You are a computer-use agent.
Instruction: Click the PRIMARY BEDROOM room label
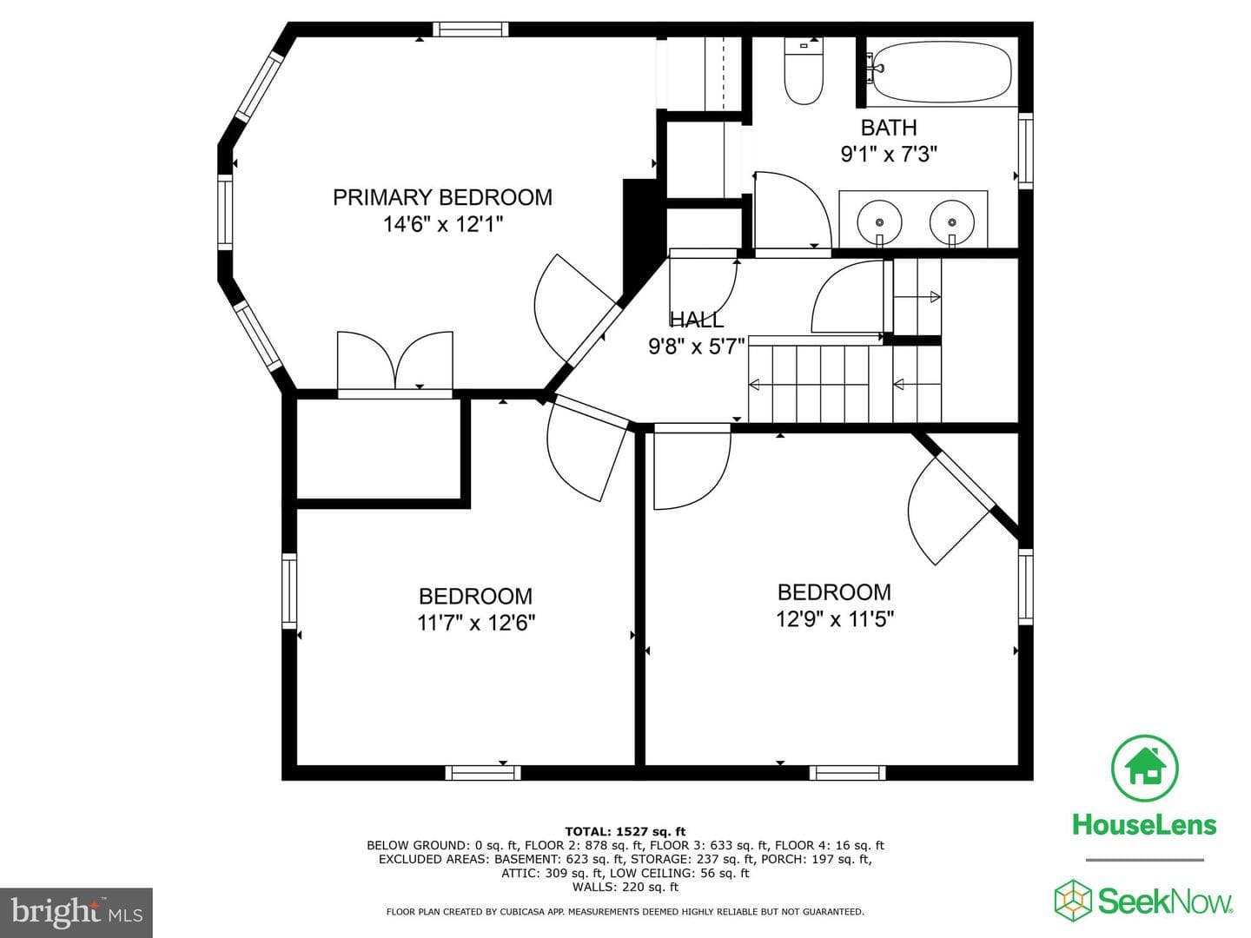coord(442,198)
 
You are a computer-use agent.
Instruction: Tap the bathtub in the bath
coord(942,72)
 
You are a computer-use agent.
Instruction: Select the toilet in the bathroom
coord(804,71)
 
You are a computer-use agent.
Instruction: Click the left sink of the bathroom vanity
coord(880,221)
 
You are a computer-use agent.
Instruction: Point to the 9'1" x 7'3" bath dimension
coord(889,154)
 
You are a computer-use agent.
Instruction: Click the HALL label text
coord(697,320)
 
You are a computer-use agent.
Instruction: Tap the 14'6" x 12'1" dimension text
coord(443,224)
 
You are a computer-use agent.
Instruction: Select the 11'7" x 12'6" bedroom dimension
coord(476,623)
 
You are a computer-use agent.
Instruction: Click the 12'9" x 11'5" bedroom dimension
coord(834,618)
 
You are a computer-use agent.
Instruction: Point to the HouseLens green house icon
coord(1144,767)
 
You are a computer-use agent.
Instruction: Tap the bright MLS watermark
coord(76,913)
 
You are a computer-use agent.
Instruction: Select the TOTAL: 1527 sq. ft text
coord(625,832)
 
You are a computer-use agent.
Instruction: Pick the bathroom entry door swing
coord(791,211)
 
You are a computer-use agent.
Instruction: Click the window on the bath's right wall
coord(1026,151)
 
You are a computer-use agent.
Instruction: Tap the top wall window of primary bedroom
coord(470,29)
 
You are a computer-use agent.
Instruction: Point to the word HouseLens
coord(1144,825)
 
